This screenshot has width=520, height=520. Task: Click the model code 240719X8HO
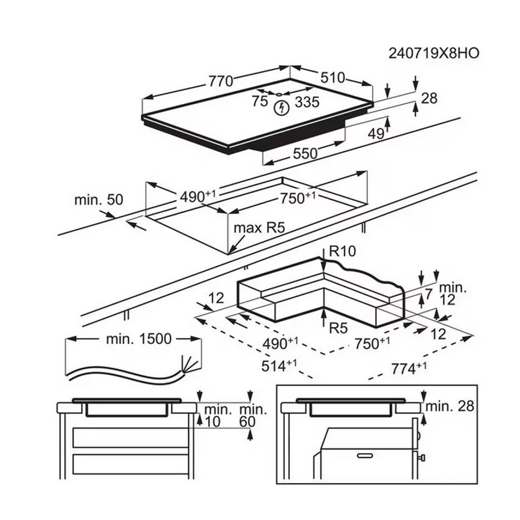tap(434, 53)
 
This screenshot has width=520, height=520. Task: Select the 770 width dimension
tap(220, 81)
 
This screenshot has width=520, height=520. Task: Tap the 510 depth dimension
tap(333, 77)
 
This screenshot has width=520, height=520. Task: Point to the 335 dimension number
tap(307, 102)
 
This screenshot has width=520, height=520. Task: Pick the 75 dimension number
tap(259, 101)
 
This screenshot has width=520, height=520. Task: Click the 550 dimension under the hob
tap(305, 153)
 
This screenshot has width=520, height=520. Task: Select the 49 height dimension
tap(376, 134)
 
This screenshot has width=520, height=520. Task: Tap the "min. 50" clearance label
tap(99, 200)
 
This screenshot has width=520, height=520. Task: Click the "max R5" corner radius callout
tap(259, 228)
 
